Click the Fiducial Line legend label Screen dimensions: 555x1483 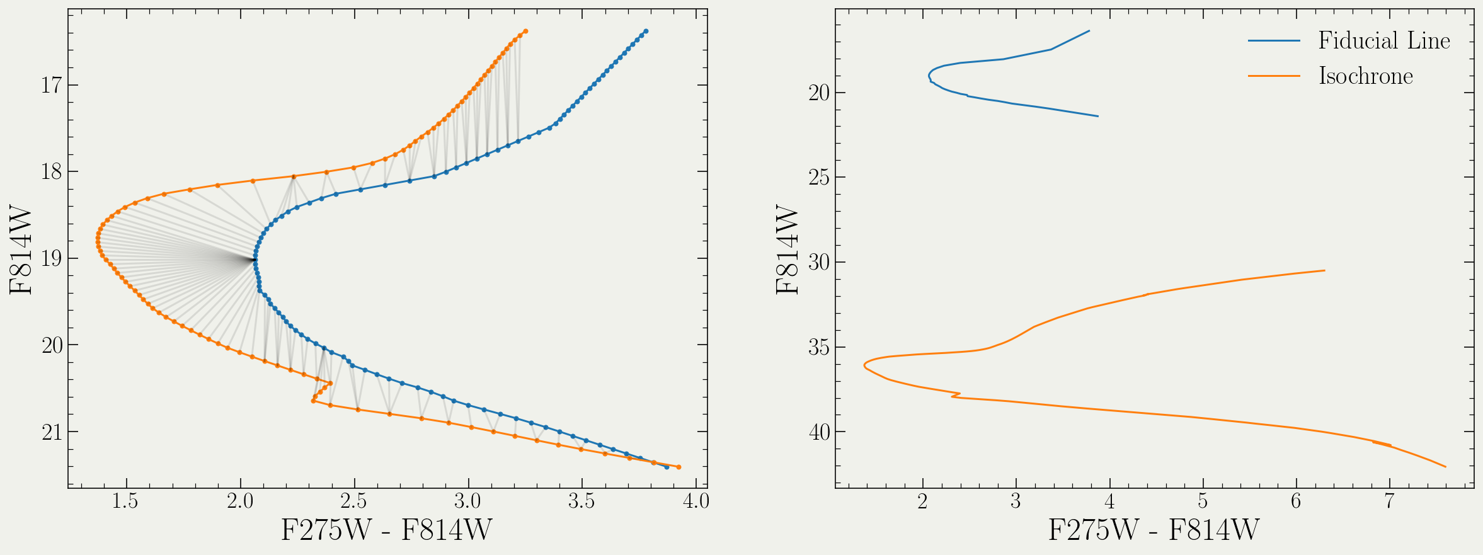(x=1384, y=41)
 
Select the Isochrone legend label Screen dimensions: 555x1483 (x=1365, y=76)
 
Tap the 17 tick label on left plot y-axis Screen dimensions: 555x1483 (x=51, y=84)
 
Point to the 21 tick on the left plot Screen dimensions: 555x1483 (x=51, y=432)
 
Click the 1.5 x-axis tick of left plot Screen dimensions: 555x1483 (x=125, y=501)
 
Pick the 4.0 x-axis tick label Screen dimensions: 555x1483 (x=695, y=501)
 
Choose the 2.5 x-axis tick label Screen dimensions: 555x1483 (x=353, y=501)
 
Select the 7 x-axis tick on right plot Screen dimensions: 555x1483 (x=1389, y=501)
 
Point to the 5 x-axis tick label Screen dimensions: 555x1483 (x=1203, y=501)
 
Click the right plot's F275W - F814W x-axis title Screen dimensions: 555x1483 (x=1154, y=530)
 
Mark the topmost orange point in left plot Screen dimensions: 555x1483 (x=525, y=31)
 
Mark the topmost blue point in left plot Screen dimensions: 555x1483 (x=646, y=31)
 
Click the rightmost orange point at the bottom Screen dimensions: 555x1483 (x=679, y=467)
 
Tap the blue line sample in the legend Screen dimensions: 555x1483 (x=1274, y=41)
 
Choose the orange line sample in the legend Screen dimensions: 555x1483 (x=1274, y=76)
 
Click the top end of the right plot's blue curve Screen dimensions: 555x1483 (x=1089, y=31)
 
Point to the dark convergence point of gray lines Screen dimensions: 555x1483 (x=254, y=259)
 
